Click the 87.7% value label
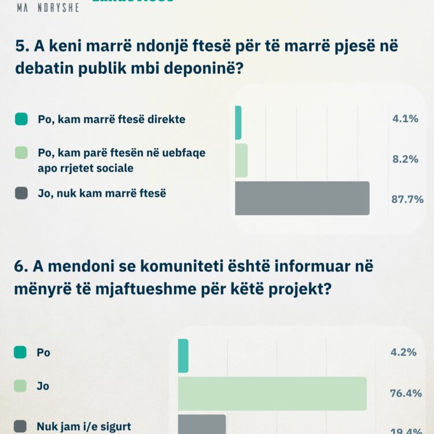(x=408, y=199)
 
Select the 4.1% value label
(x=405, y=119)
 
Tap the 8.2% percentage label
(x=405, y=159)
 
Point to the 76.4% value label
(x=405, y=393)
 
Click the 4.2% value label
(x=404, y=352)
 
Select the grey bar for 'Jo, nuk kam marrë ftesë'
(x=302, y=198)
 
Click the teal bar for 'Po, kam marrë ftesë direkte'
(x=238, y=123)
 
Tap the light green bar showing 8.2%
(x=241, y=160)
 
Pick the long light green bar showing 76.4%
(x=272, y=393)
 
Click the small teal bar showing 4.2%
(x=183, y=355)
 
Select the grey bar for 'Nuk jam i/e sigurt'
(x=201, y=424)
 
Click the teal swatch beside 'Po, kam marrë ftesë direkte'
(x=21, y=119)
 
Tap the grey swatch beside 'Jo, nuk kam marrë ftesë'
(x=21, y=193)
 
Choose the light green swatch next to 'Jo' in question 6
(x=20, y=385)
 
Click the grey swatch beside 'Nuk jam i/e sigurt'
(x=20, y=426)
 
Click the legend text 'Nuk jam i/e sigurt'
(x=83, y=427)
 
